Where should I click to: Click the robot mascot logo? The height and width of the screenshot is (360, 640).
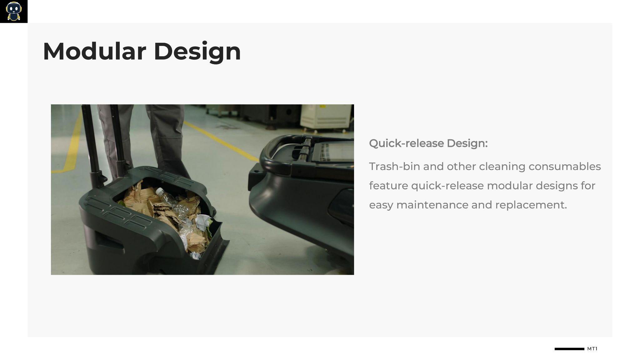click(14, 12)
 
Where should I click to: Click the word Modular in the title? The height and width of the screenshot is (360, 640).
click(94, 51)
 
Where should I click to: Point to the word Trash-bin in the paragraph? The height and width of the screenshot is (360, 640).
click(394, 166)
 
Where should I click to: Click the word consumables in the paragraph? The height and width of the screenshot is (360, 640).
click(565, 166)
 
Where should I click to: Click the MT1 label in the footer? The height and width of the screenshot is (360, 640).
click(592, 349)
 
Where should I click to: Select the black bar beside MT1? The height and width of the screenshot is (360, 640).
click(569, 349)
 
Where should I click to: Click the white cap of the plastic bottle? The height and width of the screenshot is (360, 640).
click(160, 191)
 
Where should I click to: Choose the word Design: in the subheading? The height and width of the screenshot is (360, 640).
click(467, 143)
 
